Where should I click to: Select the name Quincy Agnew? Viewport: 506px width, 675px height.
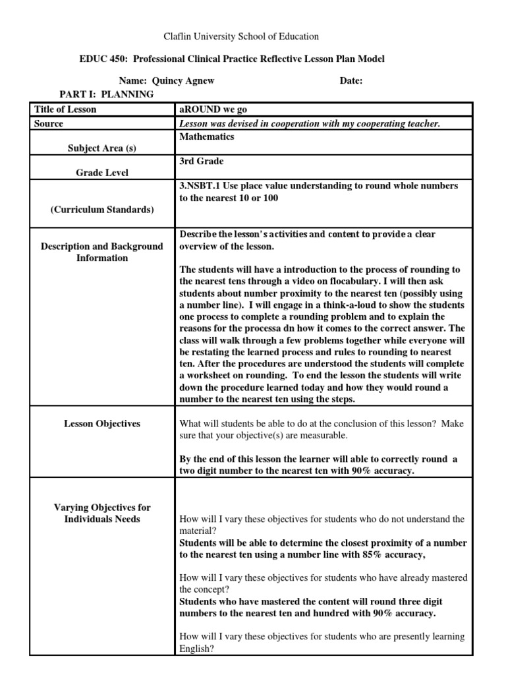click(183, 80)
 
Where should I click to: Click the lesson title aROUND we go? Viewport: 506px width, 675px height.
click(213, 109)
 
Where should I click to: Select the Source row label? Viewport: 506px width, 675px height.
click(49, 123)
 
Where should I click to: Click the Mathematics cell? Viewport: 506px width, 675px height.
click(206, 136)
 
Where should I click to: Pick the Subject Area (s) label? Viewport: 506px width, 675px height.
click(101, 148)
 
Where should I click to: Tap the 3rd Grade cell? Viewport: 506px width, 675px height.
click(201, 161)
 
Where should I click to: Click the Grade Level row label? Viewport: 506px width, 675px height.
click(101, 173)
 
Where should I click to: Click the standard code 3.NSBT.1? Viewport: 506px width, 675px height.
click(201, 186)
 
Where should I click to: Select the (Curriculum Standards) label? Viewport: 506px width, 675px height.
click(101, 210)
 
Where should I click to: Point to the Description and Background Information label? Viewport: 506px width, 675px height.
click(101, 252)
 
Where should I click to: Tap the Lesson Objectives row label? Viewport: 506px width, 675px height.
click(101, 424)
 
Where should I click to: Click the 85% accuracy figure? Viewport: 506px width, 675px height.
click(381, 554)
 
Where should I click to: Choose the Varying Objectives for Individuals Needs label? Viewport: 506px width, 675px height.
click(101, 513)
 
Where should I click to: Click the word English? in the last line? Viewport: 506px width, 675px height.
click(196, 648)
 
